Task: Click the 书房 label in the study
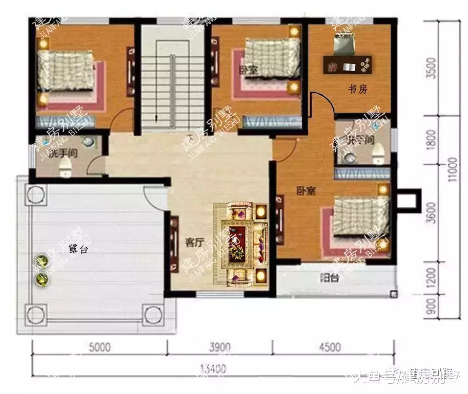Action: tap(358, 90)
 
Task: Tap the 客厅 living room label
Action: tap(195, 243)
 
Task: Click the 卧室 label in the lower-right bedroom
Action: tap(307, 191)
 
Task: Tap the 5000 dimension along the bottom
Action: tap(99, 347)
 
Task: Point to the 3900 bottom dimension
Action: tap(220, 347)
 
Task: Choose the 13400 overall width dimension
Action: tap(213, 368)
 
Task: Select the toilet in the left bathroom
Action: tap(65, 167)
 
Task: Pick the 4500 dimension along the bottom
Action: tap(329, 347)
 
